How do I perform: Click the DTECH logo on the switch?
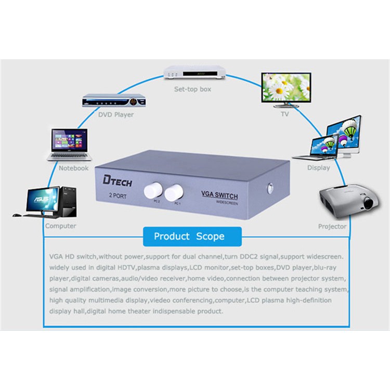pyautogui.click(x=117, y=181)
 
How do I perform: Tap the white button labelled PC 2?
pyautogui.click(x=153, y=190)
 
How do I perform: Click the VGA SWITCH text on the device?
pyautogui.click(x=219, y=195)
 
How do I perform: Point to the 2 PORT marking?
pyautogui.click(x=118, y=196)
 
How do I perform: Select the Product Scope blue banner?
pyautogui.click(x=192, y=237)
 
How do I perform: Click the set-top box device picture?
pyautogui.click(x=194, y=73)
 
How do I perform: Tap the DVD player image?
pyautogui.click(x=114, y=100)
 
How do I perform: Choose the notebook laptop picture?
pyautogui.click(x=69, y=145)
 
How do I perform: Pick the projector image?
pyautogui.click(x=349, y=201)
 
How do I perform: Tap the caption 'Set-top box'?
pyautogui.click(x=192, y=89)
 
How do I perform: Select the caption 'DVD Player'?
pyautogui.click(x=116, y=115)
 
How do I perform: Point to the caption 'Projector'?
pyautogui.click(x=332, y=226)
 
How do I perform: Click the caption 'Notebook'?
pyautogui.click(x=74, y=168)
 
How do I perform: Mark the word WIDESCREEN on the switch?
pyautogui.click(x=227, y=203)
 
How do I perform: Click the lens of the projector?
pyautogui.click(x=368, y=203)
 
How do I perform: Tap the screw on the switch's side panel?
pyautogui.click(x=270, y=188)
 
